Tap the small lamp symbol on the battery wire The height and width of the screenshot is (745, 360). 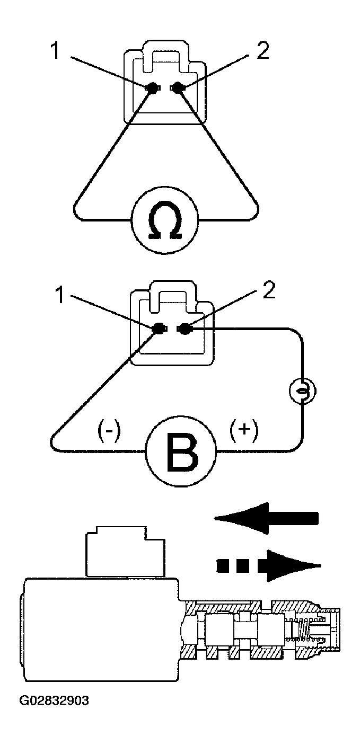click(x=302, y=391)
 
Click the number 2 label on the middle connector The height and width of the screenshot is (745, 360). click(x=268, y=292)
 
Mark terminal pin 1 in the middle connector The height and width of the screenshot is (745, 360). click(x=159, y=330)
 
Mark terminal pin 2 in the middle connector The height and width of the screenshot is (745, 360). click(x=184, y=330)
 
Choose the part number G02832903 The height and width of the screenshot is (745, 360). click(x=54, y=700)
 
